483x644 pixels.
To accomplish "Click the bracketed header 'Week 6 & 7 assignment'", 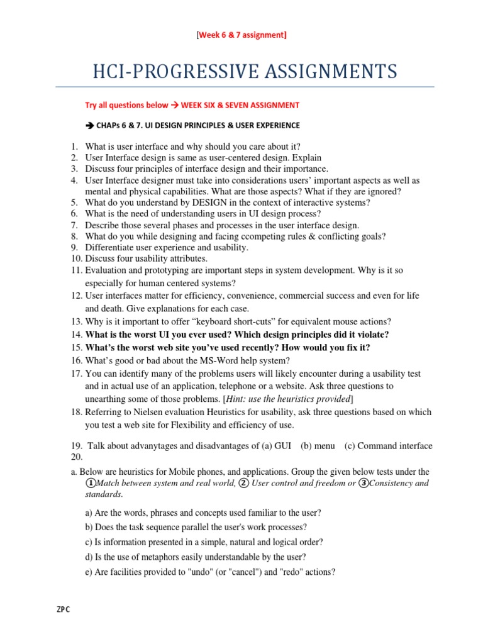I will pos(241,35).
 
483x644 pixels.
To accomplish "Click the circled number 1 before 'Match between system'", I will pos(91,483).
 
